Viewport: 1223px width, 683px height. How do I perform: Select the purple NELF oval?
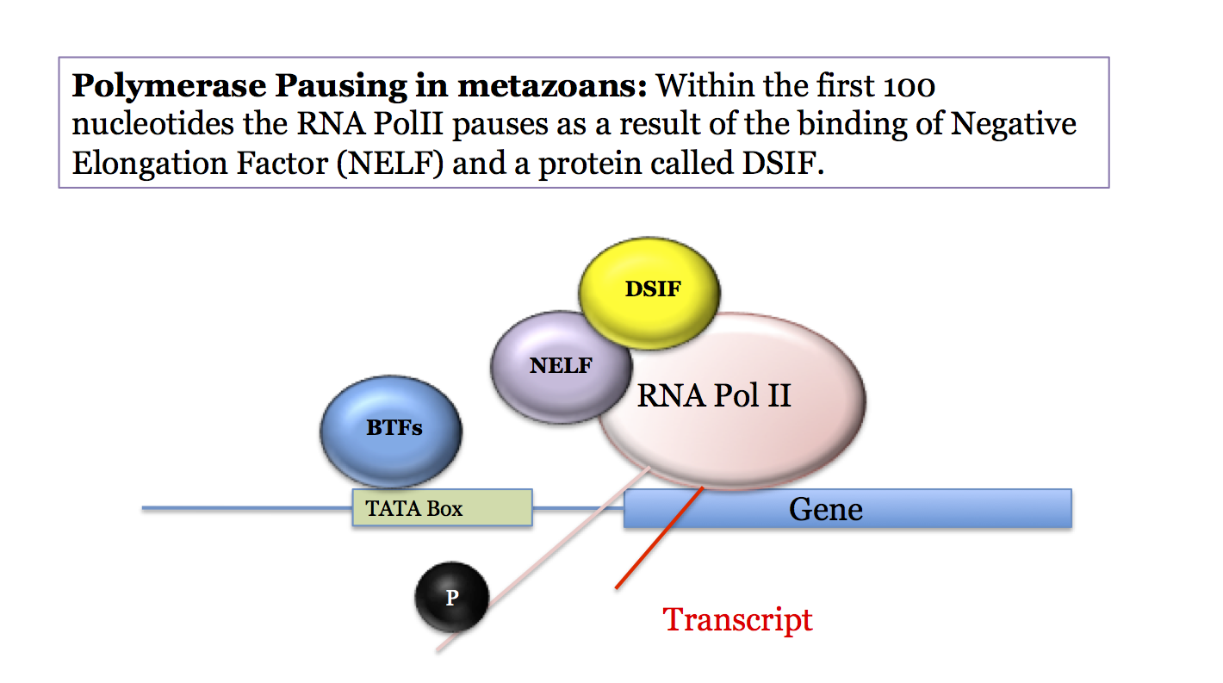point(560,365)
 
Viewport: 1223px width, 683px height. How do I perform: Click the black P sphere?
point(451,597)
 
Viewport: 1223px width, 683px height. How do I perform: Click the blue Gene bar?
point(847,509)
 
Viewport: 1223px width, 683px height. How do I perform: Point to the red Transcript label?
point(737,619)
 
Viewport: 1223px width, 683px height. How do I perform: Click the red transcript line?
point(659,539)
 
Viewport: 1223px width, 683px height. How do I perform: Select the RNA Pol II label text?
point(713,395)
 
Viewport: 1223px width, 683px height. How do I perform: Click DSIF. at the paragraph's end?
point(778,162)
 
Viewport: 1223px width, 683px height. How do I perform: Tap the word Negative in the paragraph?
point(1014,124)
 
